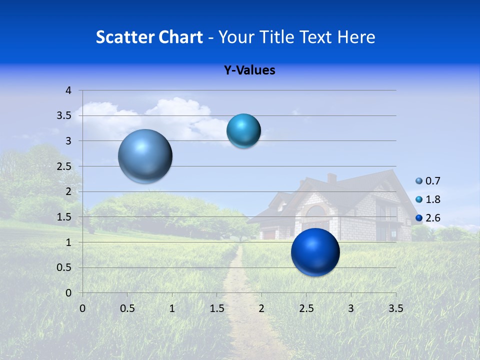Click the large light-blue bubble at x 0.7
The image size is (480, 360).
[145, 156]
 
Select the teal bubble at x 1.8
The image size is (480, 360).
[243, 130]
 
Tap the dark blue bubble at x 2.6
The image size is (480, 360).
[315, 252]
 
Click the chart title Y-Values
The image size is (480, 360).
[249, 70]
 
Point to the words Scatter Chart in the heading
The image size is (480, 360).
[149, 37]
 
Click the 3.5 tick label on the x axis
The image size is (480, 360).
[395, 308]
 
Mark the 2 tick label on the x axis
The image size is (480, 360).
[261, 308]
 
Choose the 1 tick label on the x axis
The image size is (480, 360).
[172, 308]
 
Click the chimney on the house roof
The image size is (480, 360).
[331, 178]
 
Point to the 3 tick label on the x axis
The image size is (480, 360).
[351, 308]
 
